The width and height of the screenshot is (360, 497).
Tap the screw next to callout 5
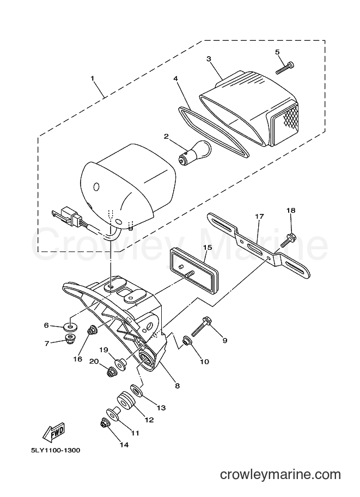285,68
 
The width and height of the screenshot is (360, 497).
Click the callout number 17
259,217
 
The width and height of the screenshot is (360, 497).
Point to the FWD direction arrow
54,432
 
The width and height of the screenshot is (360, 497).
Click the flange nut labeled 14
105,423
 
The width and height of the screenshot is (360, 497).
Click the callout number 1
93,78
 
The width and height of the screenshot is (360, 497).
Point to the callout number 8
178,386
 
